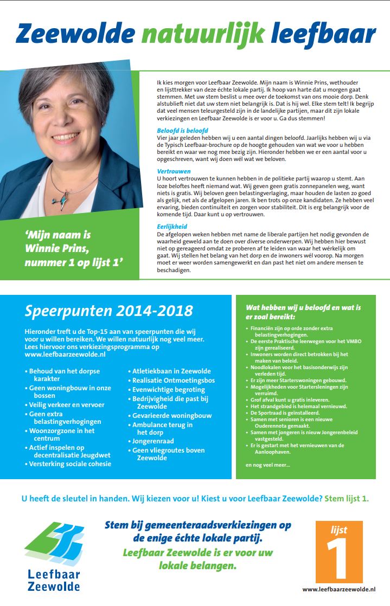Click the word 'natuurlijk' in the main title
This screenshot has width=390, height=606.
(203, 34)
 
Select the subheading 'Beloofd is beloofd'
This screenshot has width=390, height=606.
(182, 131)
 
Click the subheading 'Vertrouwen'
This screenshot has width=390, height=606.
(174, 171)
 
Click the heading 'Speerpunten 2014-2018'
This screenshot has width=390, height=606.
(108, 311)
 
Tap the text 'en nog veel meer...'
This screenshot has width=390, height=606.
(268, 465)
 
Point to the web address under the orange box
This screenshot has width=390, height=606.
(339, 589)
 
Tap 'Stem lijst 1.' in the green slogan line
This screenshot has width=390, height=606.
(346, 498)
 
